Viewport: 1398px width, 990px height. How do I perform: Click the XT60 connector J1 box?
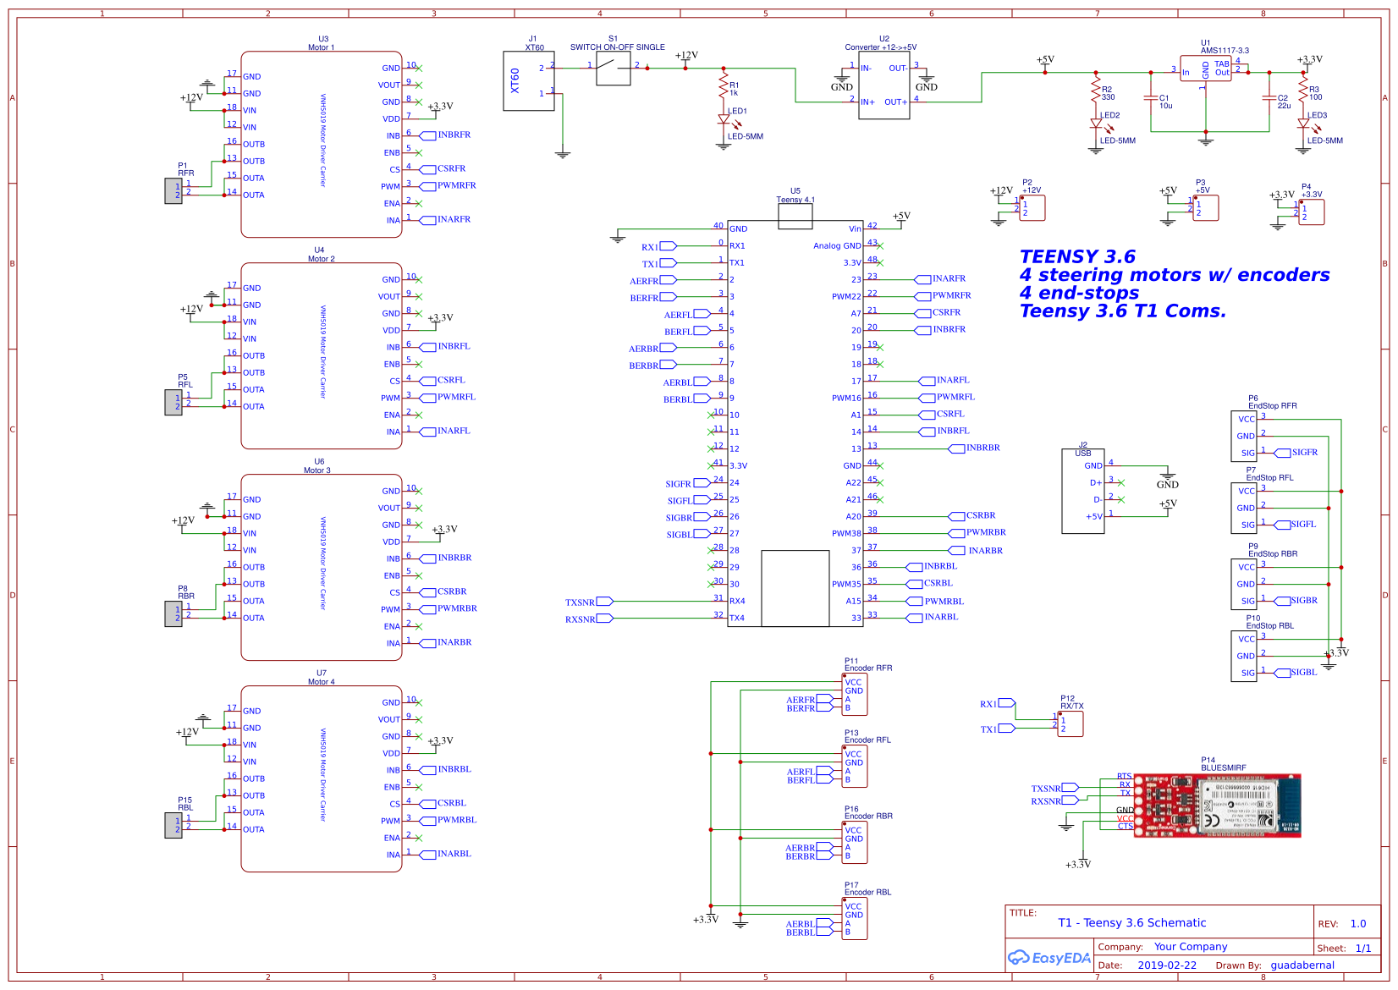click(528, 81)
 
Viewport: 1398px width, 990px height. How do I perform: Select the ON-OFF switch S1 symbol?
click(613, 68)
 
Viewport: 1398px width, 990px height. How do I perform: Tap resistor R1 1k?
click(724, 86)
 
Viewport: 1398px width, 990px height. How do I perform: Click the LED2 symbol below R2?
click(1096, 124)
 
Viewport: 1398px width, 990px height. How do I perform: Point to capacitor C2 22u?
click(1269, 99)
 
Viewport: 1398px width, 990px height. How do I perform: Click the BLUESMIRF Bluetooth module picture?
click(1217, 805)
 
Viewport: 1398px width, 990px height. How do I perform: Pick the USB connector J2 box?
click(1082, 491)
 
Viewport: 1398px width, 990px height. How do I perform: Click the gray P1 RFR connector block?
click(173, 191)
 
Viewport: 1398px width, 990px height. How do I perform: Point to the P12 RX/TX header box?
click(1070, 723)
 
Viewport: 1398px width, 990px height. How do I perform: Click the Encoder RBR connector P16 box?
click(854, 842)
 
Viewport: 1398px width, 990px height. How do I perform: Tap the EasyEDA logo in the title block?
click(1048, 958)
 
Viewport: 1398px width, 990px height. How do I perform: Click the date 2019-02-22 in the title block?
click(1167, 965)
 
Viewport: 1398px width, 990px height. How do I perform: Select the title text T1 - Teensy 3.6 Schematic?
click(1131, 922)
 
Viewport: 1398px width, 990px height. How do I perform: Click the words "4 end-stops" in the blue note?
click(1079, 293)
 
